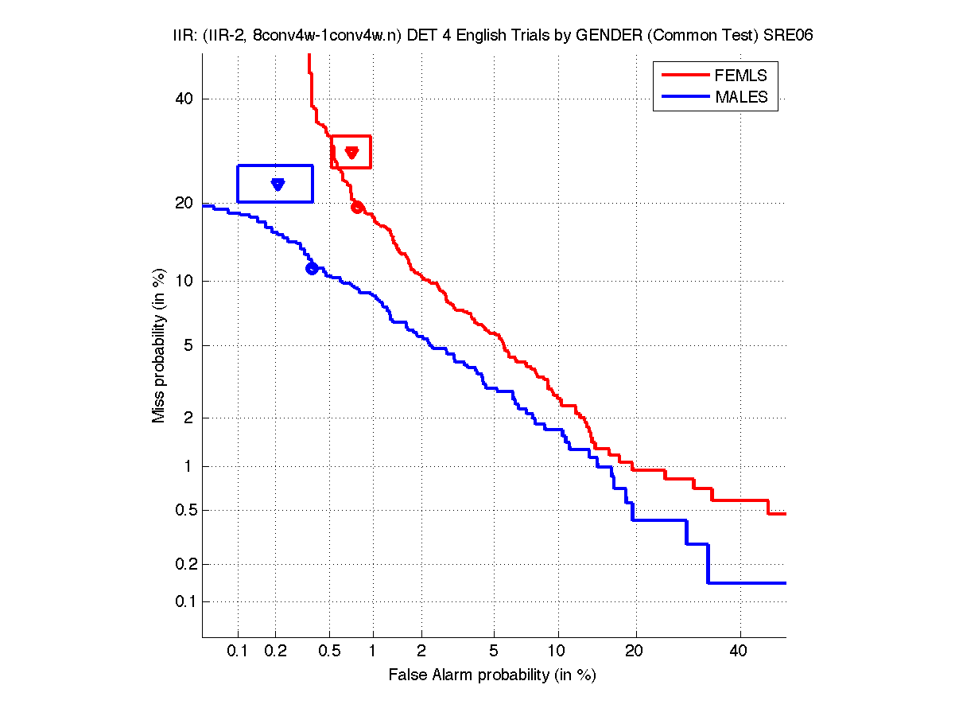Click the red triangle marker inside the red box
[351, 152]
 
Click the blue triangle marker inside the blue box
[278, 184]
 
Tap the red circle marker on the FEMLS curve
[357, 207]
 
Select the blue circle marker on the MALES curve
[312, 268]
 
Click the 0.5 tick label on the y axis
[182, 510]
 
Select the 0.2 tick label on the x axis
[276, 652]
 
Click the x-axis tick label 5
[494, 652]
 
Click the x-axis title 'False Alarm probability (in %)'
[492, 675]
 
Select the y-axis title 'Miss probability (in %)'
[159, 346]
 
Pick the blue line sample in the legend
[685, 97]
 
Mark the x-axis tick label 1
[373, 652]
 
